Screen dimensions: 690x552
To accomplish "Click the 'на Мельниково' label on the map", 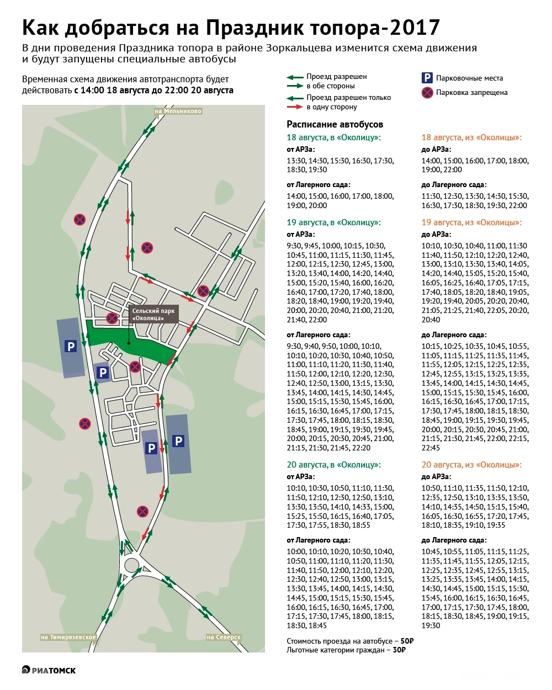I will click(x=178, y=112).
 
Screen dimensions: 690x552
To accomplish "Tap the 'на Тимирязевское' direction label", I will click(x=69, y=637).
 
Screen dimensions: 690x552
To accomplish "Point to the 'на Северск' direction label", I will click(x=224, y=637).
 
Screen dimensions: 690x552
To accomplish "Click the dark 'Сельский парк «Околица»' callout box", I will click(x=153, y=315).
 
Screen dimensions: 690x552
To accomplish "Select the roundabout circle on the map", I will click(x=132, y=565).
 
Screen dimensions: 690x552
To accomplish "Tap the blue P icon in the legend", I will click(x=427, y=78).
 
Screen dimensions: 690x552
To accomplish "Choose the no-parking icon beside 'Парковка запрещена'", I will click(x=427, y=93).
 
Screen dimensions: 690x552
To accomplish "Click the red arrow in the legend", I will click(x=295, y=107).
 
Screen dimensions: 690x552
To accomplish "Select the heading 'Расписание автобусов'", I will click(x=335, y=124).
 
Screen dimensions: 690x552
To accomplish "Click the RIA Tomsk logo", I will click(x=49, y=670).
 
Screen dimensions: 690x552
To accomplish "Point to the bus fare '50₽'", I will click(x=407, y=641).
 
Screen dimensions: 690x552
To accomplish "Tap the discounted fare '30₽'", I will click(x=399, y=650).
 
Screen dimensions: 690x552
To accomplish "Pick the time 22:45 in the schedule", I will click(x=431, y=448).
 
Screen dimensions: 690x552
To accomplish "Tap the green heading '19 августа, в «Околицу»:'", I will click(x=333, y=222).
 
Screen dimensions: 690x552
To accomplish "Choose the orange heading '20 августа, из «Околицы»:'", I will click(x=471, y=465).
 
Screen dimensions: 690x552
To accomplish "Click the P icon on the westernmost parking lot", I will click(x=71, y=347).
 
